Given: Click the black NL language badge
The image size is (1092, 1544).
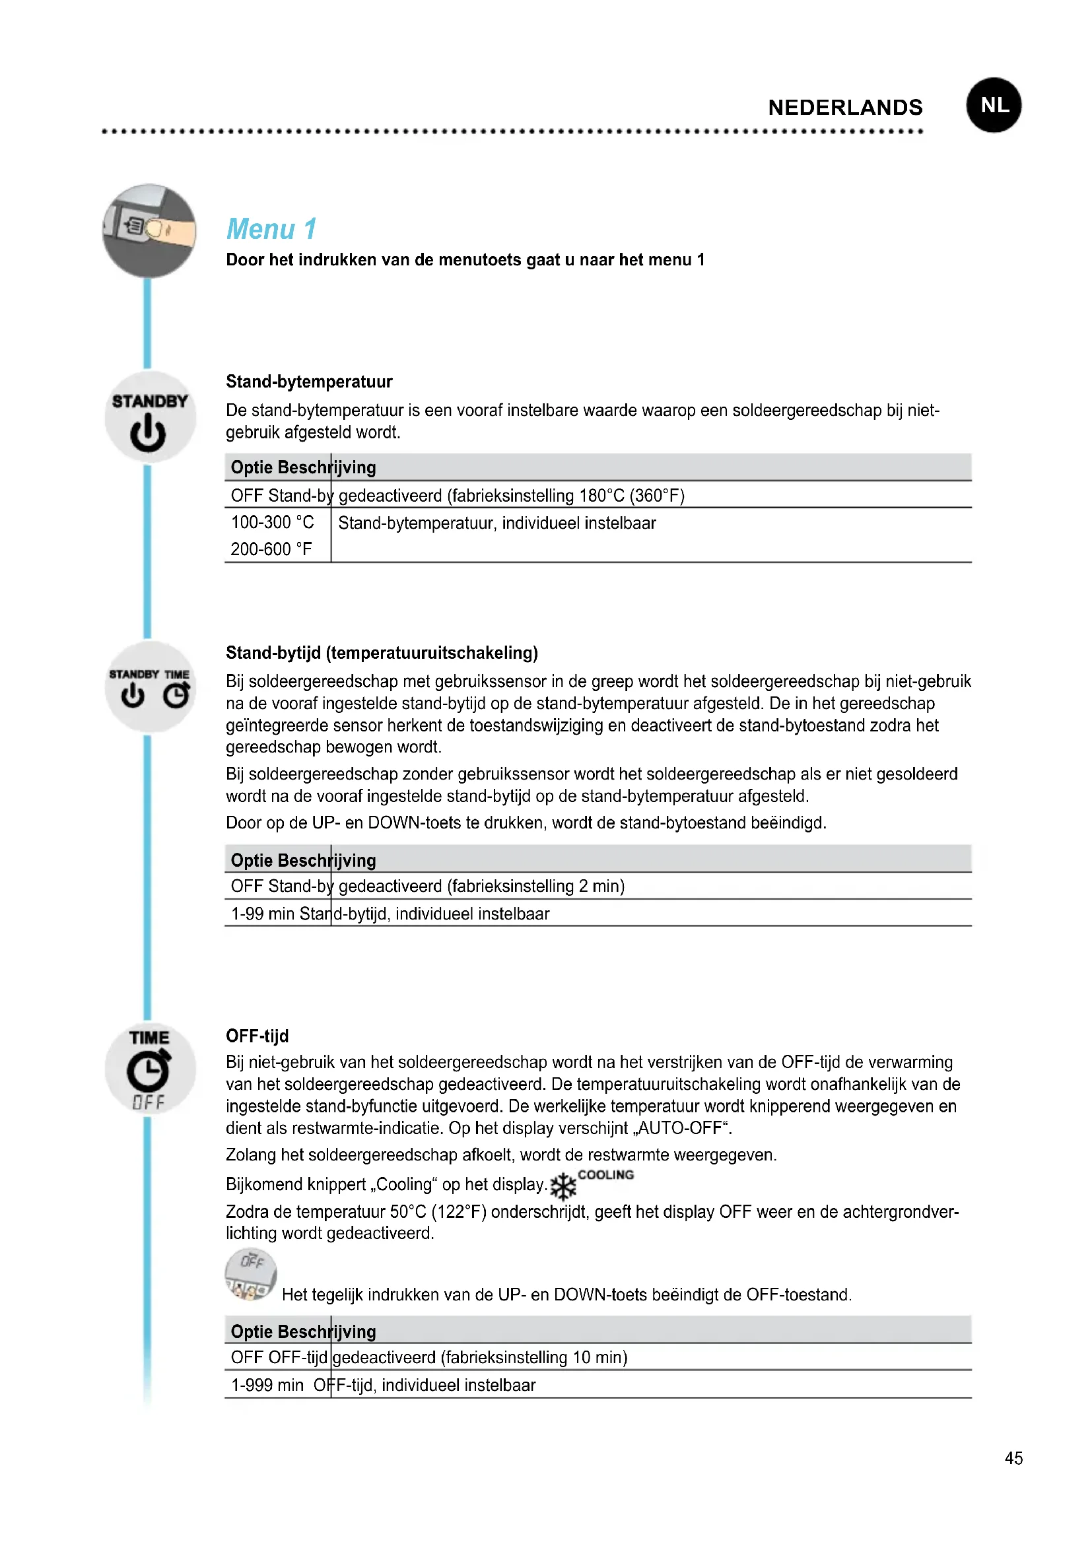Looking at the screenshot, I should pyautogui.click(x=993, y=105).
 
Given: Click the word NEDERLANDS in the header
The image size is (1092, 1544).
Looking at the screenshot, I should pyautogui.click(x=845, y=108).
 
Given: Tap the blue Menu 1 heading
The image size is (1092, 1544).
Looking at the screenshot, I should pyautogui.click(x=271, y=229).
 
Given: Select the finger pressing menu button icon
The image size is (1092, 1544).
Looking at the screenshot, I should pyautogui.click(x=149, y=230).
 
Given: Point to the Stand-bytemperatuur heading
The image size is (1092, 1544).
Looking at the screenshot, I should pyautogui.click(x=308, y=382).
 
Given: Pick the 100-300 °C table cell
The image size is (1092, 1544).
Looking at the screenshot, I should pyautogui.click(x=272, y=523).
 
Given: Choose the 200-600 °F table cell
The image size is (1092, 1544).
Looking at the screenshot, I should pyautogui.click(x=271, y=549).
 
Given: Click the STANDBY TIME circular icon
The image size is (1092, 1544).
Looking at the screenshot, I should pyautogui.click(x=149, y=687).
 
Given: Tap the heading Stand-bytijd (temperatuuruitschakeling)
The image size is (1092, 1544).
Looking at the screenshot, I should pyautogui.click(x=381, y=653).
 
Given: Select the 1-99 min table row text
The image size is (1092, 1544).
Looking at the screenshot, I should pyautogui.click(x=390, y=914).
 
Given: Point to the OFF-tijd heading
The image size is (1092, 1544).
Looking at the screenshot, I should pyautogui.click(x=257, y=1036).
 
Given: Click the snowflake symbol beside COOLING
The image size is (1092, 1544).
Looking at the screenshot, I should pyautogui.click(x=563, y=1187).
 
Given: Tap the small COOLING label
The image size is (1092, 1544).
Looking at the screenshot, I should pyautogui.click(x=606, y=1175).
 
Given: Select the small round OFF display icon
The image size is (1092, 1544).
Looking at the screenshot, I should pyautogui.click(x=250, y=1274).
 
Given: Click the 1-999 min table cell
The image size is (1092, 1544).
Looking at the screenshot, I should pyautogui.click(x=267, y=1386).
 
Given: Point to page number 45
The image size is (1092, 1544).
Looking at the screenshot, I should pyautogui.click(x=1013, y=1458).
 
